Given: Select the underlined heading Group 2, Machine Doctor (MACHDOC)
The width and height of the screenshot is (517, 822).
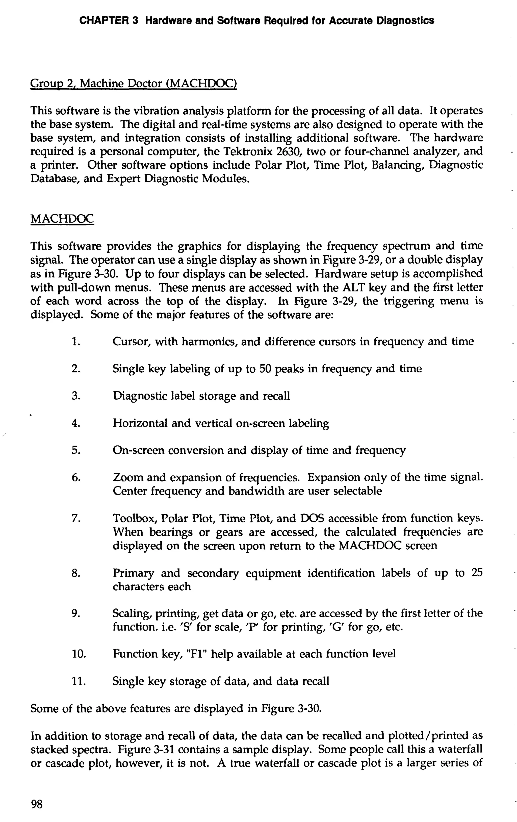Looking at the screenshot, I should click(134, 83).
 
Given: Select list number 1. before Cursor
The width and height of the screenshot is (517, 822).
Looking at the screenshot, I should click(76, 342).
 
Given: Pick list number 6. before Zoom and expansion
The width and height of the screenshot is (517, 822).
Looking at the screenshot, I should click(76, 478).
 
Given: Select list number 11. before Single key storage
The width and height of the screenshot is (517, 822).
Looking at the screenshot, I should click(78, 681).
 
